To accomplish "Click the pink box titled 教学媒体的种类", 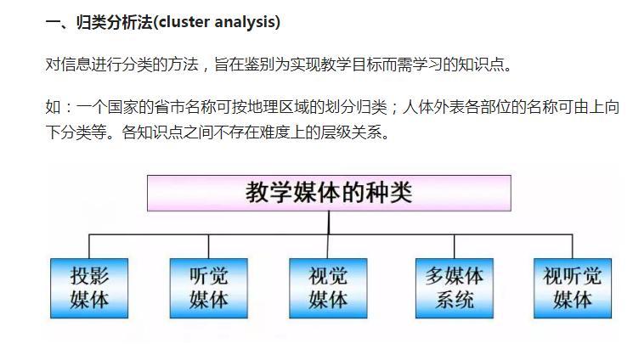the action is [329, 193].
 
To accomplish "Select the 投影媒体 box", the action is [89, 288].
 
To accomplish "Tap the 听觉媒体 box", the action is [209, 288].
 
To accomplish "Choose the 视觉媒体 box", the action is [328, 288].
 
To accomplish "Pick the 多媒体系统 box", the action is [455, 288].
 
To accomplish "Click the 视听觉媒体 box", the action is [573, 288].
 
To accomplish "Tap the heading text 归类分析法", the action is [115, 22].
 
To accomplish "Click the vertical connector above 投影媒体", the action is [89, 246].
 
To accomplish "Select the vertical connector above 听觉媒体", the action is [208, 246].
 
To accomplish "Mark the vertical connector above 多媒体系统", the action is [455, 246].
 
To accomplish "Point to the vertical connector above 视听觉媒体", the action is [573, 246].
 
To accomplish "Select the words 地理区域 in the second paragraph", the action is [277, 107].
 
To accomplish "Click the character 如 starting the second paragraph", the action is [53, 107].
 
